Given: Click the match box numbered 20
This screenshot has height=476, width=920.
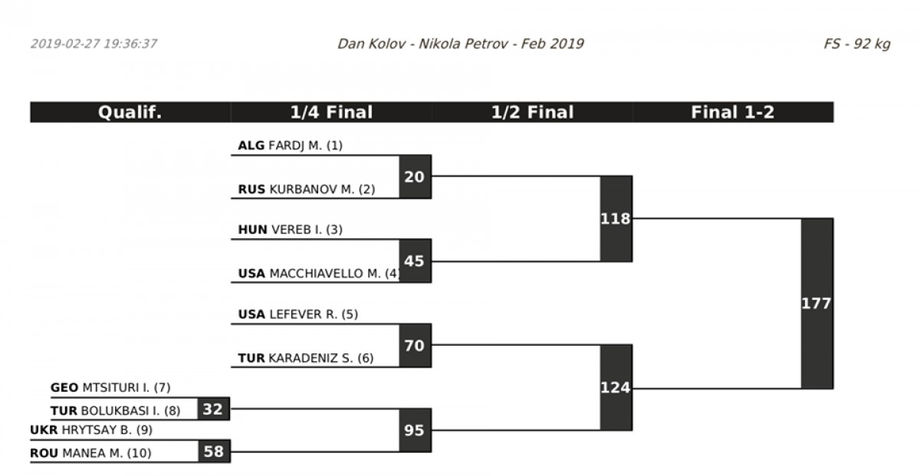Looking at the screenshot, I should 415,177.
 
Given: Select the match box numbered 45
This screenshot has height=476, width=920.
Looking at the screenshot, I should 415,261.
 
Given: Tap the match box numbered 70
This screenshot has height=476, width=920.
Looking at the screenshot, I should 415,346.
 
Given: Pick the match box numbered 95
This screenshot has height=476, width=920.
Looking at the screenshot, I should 415,430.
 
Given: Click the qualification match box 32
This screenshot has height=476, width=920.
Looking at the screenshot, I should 214,409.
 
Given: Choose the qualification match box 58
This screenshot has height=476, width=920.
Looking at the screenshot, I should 214,451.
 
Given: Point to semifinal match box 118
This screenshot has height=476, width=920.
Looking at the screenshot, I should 616,219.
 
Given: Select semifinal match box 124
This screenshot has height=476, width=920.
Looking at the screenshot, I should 616,388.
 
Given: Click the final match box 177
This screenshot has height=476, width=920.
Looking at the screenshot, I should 816,304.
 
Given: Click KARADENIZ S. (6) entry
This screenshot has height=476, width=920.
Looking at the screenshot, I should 320,357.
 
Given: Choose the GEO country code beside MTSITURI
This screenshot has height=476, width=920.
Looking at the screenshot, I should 64,388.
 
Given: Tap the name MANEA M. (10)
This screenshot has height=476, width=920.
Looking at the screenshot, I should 107,453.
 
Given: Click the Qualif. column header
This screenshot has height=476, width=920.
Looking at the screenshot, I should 130,113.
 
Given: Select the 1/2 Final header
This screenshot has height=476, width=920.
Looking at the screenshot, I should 532,113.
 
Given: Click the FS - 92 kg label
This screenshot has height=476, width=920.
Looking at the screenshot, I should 856,44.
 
